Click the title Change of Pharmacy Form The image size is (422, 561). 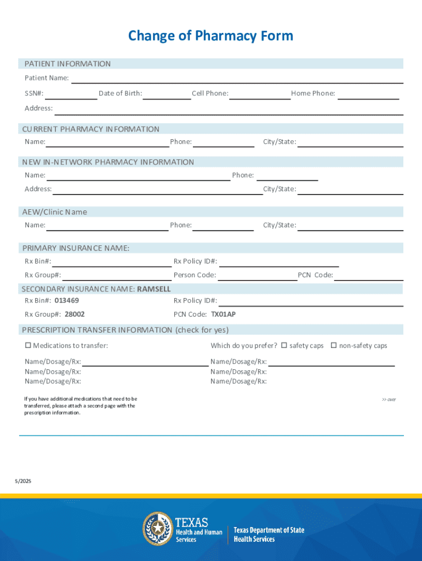point(210,36)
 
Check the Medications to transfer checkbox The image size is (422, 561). point(28,346)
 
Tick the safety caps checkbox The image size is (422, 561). point(284,346)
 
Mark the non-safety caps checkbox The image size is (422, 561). point(333,346)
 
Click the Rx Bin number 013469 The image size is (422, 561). point(67,301)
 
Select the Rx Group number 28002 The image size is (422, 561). point(75,314)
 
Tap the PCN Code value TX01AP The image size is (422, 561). point(223,314)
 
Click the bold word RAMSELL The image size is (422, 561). point(154,289)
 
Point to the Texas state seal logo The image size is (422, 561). point(157,529)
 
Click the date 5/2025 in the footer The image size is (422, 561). point(23,481)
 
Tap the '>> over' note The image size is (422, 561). point(389,399)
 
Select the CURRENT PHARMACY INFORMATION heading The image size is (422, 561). point(91,129)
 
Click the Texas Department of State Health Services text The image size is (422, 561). point(269,535)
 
